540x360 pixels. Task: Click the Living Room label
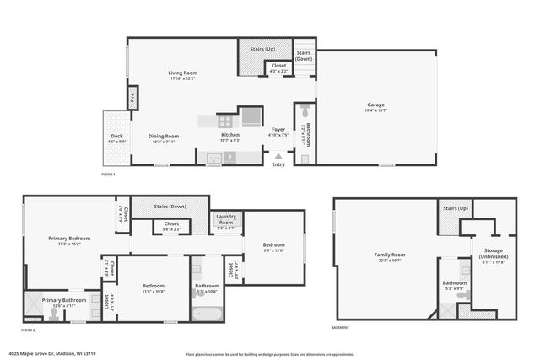(x=182, y=73)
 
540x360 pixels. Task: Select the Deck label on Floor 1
(x=116, y=137)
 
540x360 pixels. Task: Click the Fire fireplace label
(x=132, y=97)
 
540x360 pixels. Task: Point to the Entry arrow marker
(x=278, y=155)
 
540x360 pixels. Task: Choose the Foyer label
(x=278, y=130)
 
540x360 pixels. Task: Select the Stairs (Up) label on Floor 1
(x=262, y=50)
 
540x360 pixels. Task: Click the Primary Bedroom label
(x=68, y=239)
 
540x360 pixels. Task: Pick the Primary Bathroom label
(x=64, y=300)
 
